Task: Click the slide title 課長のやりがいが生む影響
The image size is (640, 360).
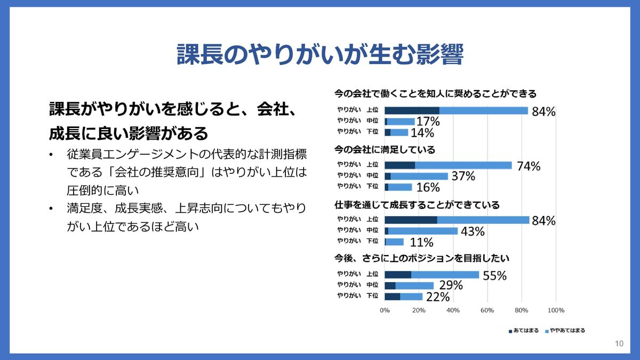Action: click(319, 54)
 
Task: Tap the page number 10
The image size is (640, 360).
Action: click(619, 344)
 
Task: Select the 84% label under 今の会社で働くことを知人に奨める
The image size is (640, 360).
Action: click(543, 111)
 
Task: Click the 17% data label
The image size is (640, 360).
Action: click(428, 122)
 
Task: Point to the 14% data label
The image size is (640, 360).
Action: click(422, 133)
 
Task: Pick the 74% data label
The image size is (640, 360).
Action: click(528, 166)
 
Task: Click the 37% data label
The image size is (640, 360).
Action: click(462, 177)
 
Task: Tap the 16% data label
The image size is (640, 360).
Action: click(427, 188)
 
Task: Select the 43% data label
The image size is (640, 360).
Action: click(472, 231)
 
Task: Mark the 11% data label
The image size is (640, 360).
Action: click(421, 243)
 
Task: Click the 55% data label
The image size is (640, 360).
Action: click(494, 276)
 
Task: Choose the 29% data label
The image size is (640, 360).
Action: click(450, 286)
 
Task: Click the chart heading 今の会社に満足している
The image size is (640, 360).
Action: click(385, 149)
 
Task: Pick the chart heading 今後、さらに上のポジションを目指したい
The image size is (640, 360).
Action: click(421, 258)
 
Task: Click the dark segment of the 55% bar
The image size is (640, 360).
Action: click(398, 275)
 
